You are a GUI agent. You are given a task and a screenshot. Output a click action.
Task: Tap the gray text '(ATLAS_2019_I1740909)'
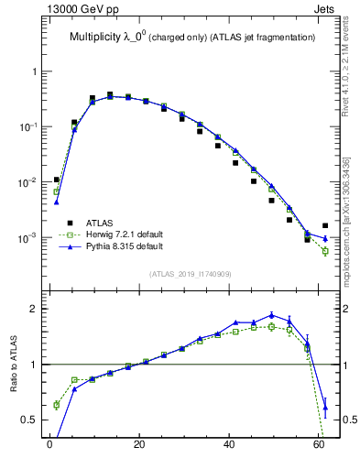click(190, 274)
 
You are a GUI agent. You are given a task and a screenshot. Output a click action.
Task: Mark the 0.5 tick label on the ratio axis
click(29, 420)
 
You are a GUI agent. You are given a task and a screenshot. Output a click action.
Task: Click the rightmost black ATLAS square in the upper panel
click(325, 225)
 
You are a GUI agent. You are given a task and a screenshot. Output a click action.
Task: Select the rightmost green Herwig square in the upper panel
click(325, 251)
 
